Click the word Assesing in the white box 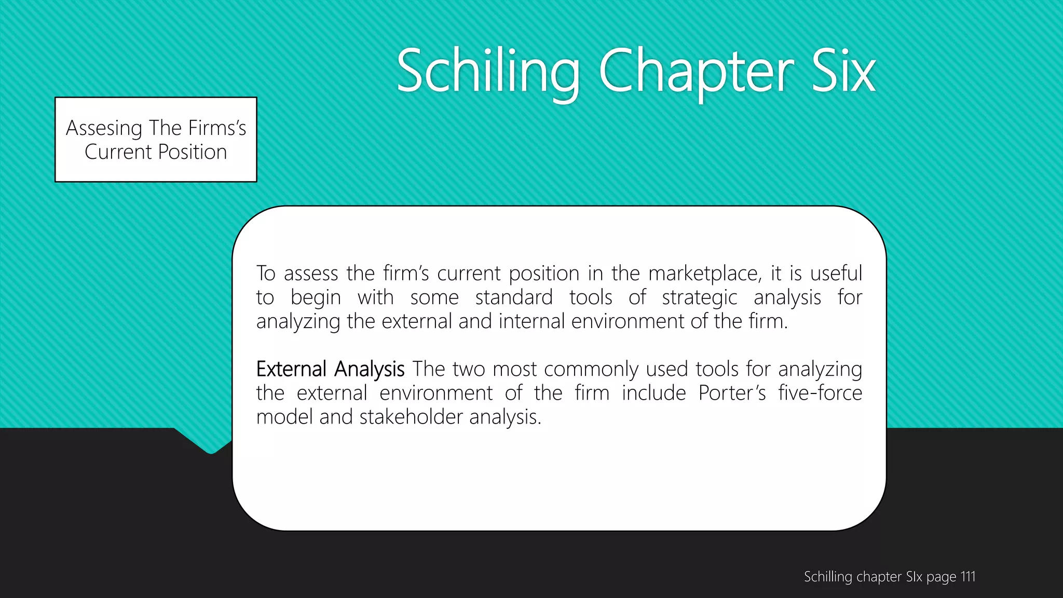[104, 128]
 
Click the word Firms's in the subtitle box [217, 128]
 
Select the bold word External [291, 369]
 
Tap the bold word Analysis [369, 370]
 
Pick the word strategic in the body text [699, 297]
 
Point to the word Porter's [732, 393]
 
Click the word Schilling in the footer [828, 577]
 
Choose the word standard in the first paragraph [514, 297]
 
